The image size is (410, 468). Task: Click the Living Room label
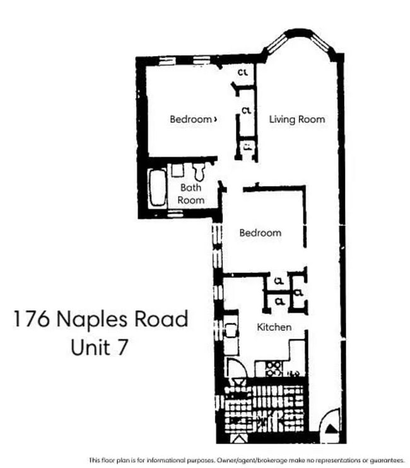(297, 119)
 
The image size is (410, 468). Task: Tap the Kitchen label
(274, 327)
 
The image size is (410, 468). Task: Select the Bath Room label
(190, 194)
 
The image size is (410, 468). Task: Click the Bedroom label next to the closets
(191, 119)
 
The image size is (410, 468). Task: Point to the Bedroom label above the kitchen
(260, 233)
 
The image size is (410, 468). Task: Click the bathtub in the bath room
(156, 187)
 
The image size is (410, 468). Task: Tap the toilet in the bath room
(200, 170)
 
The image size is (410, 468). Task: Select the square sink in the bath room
(177, 169)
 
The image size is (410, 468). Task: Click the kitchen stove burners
(274, 368)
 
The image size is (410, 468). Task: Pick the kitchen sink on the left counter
(231, 332)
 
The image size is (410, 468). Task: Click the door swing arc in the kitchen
(234, 368)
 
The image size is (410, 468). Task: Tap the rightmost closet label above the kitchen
(296, 293)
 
